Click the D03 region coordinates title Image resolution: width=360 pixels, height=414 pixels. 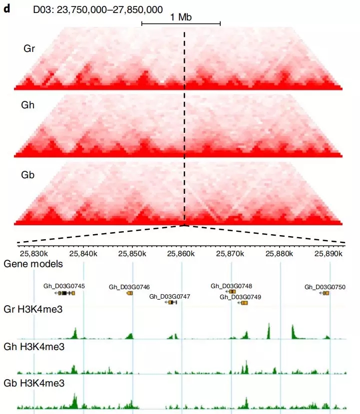coord(98,9)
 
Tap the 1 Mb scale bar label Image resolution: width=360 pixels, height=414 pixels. coord(181,17)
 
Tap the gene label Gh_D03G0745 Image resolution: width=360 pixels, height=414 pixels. coord(64,286)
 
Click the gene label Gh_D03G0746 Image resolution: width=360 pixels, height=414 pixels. coord(129,287)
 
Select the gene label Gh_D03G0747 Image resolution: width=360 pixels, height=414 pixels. coord(170,296)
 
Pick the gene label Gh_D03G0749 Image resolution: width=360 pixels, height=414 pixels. coord(241,297)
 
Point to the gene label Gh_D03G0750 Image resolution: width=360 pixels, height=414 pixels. coord(325,287)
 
